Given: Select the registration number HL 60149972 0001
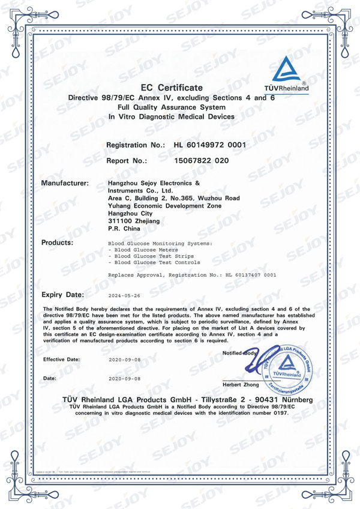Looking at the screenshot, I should (209, 145).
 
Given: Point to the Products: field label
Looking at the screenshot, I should (57, 242).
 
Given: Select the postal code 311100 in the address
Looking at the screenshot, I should (118, 221).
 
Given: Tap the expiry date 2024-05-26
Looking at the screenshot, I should (124, 295).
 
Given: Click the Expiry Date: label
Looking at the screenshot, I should (63, 295).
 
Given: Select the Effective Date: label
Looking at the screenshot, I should (61, 359).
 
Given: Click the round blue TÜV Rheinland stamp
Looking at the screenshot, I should (287, 366).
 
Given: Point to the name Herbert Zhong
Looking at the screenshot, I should (240, 384).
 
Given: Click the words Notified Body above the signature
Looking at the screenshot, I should (239, 352).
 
